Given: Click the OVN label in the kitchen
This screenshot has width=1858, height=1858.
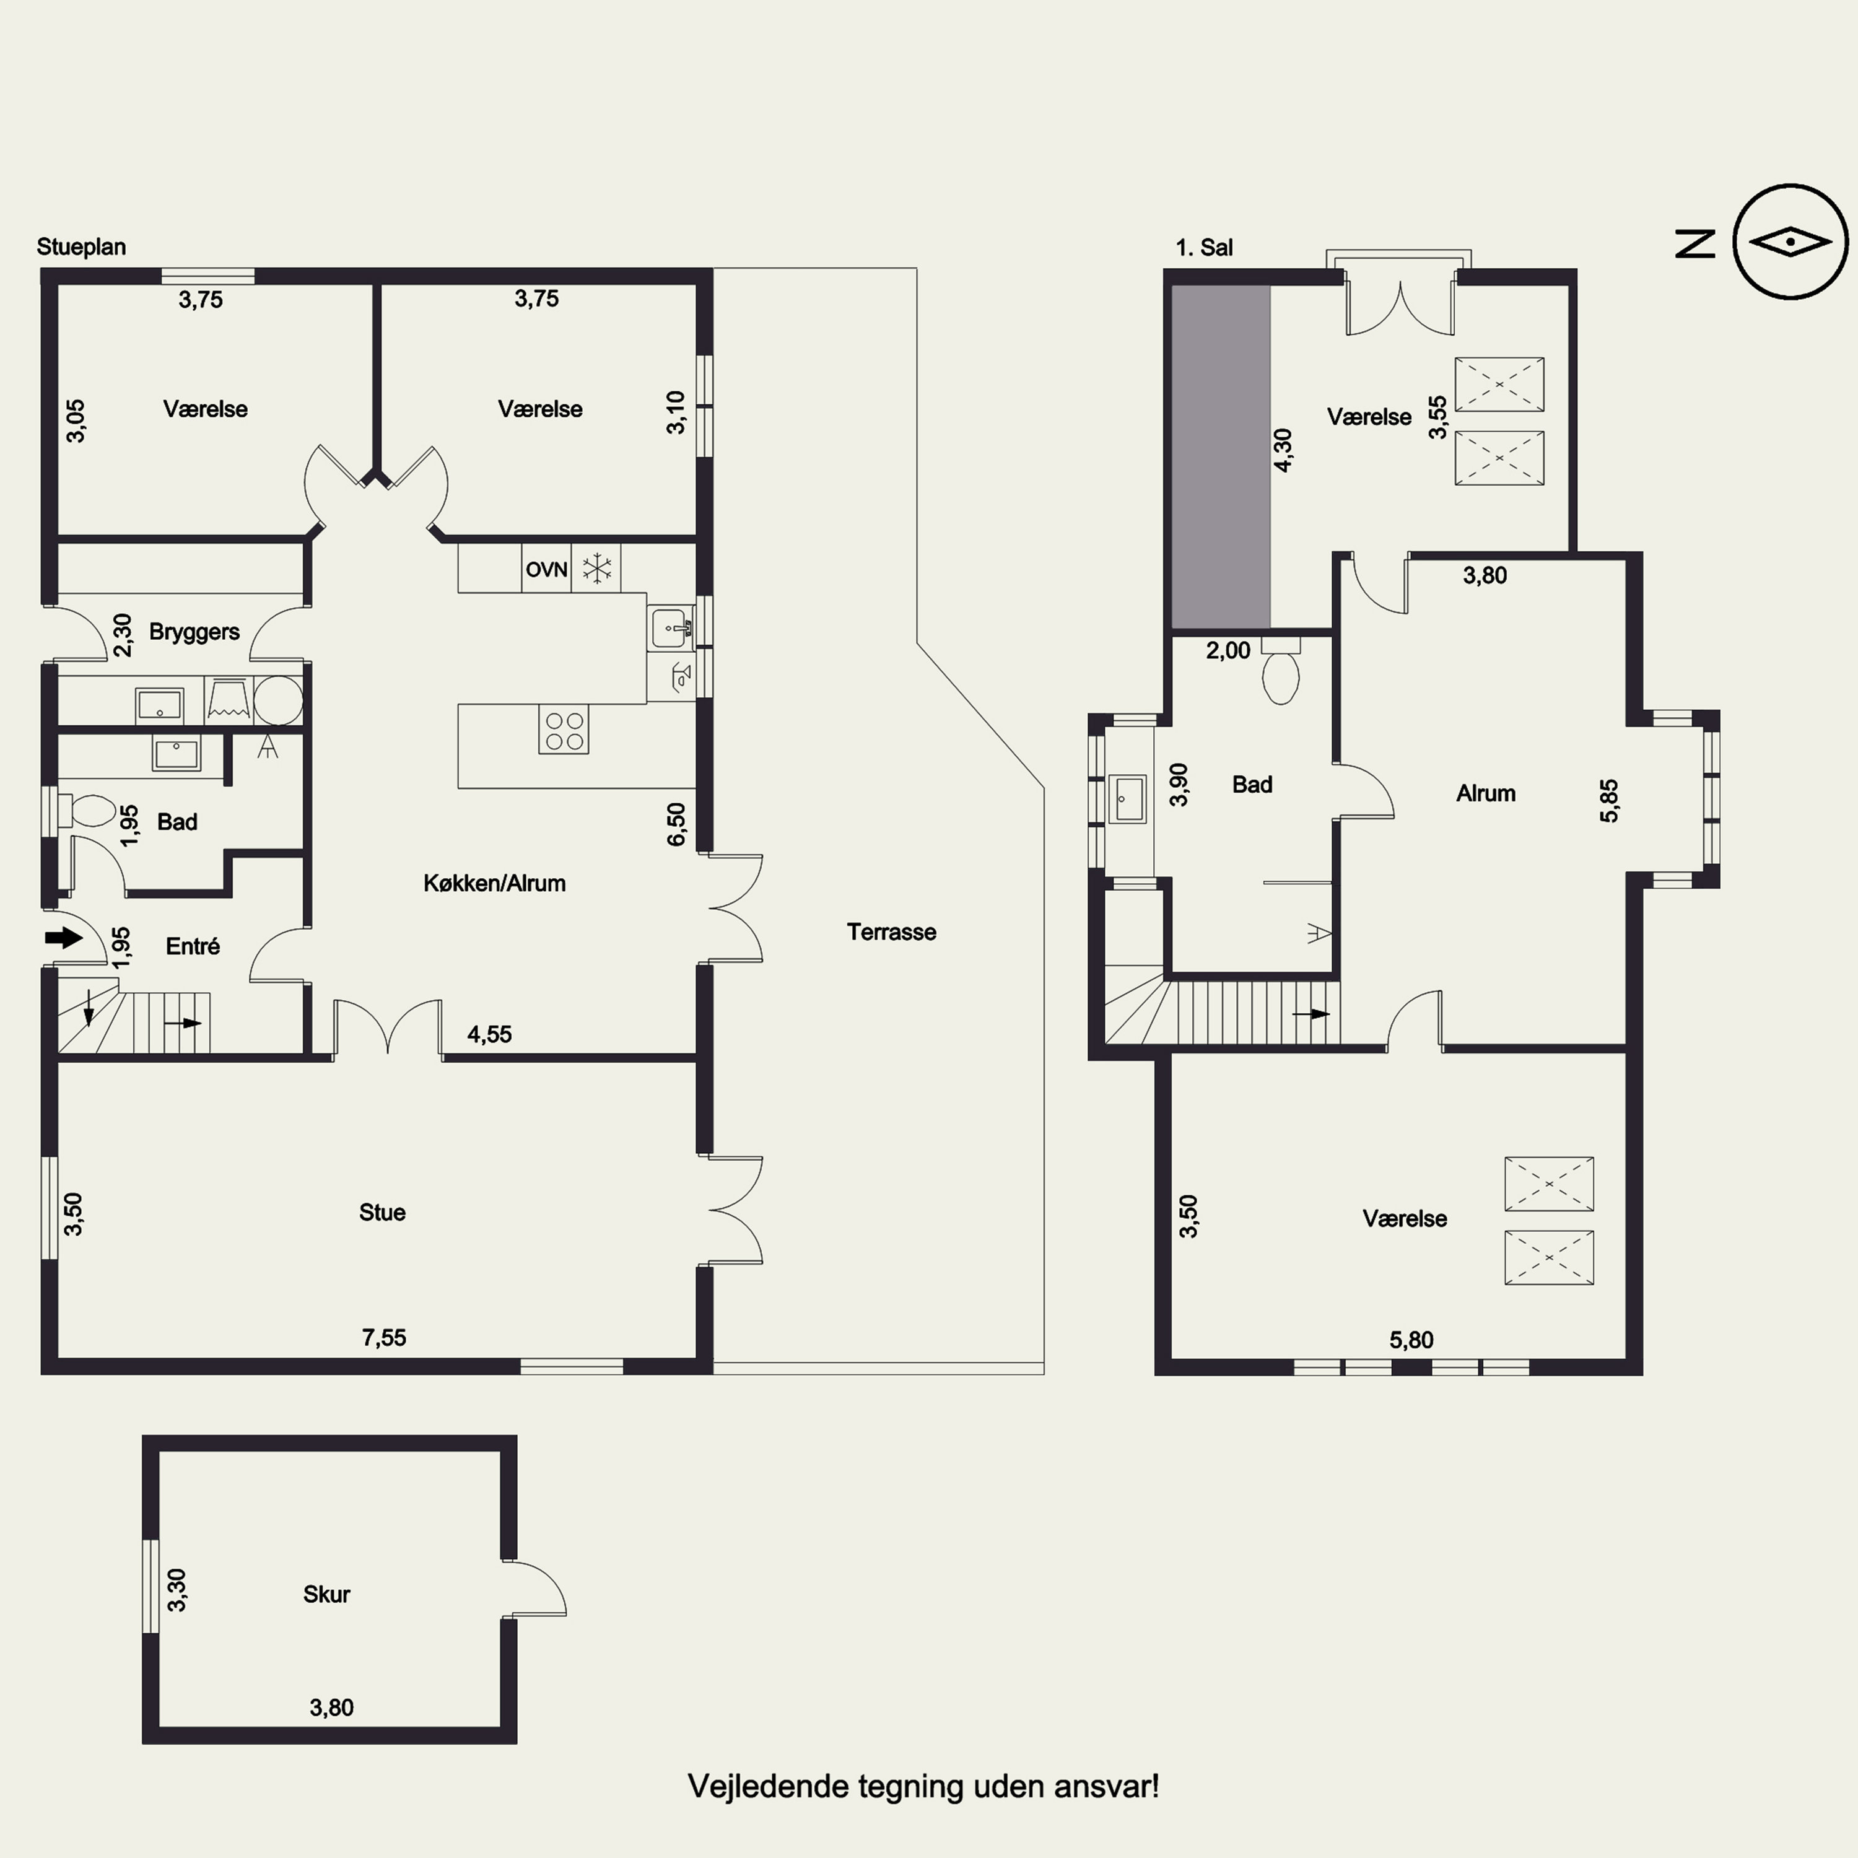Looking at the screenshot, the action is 546,569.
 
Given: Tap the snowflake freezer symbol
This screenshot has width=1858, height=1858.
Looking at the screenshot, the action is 597,569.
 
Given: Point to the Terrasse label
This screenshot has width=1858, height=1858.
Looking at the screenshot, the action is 891,932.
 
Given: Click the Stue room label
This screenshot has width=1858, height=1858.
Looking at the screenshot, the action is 382,1213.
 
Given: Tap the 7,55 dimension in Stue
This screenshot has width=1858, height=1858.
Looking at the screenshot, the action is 384,1338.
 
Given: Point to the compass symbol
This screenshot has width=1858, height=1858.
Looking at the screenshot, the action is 1790,242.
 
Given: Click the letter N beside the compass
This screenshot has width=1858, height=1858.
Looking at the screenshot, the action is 1696,243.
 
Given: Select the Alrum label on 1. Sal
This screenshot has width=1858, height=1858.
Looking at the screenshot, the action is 1486,793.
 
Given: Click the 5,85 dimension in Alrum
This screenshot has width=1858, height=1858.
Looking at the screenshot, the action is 1609,801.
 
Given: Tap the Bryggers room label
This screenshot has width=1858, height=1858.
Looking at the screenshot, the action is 194,632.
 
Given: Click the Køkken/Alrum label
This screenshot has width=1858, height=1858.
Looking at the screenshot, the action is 494,883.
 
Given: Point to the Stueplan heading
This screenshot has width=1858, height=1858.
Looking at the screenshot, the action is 82,247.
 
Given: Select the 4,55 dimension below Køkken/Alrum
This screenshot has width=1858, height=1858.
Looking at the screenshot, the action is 489,1035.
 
